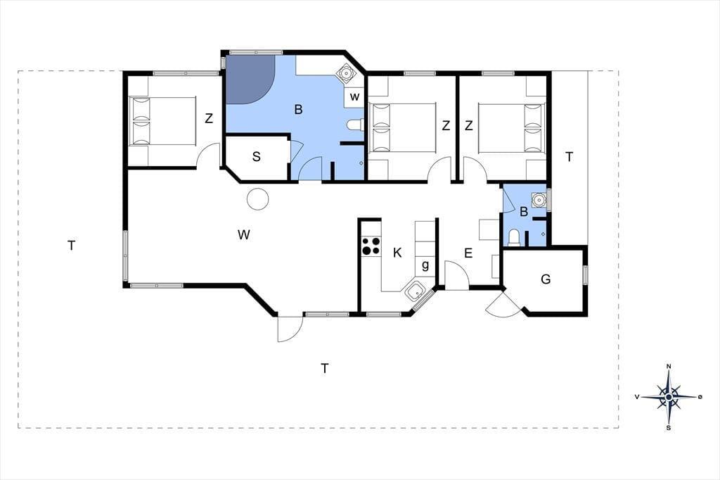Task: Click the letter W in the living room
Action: click(244, 235)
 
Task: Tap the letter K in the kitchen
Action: click(397, 253)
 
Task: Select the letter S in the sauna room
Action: click(256, 157)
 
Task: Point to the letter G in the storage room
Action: click(546, 279)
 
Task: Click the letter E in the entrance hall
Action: click(468, 253)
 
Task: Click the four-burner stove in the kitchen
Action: click(371, 246)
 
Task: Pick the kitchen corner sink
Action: click(416, 291)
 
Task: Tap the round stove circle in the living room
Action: click(257, 199)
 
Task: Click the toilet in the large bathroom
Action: click(355, 125)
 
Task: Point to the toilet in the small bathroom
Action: click(514, 238)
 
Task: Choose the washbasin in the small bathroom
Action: click(539, 200)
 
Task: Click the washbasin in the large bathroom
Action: click(345, 72)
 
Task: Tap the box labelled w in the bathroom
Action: click(354, 97)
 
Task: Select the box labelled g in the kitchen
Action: click(425, 265)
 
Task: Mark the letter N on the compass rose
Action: click(669, 367)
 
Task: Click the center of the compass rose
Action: click(669, 397)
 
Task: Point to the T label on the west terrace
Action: click(71, 246)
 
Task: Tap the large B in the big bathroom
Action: click(298, 109)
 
